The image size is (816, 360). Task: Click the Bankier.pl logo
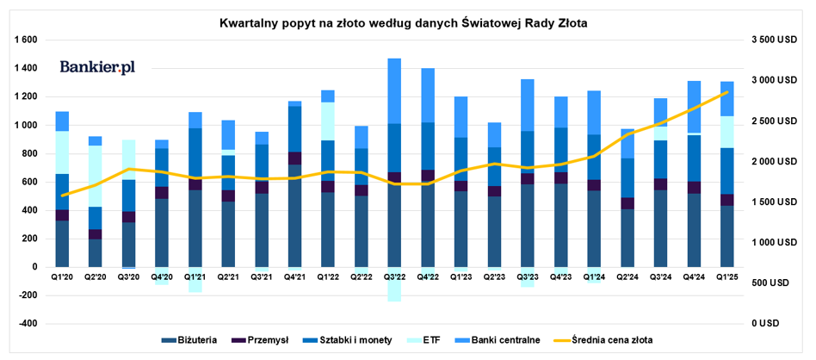[x=97, y=67]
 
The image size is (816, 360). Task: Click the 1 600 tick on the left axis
[x=25, y=40]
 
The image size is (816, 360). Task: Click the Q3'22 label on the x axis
[x=394, y=277]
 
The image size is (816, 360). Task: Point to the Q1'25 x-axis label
[x=727, y=277]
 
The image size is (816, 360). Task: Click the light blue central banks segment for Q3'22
[x=394, y=91]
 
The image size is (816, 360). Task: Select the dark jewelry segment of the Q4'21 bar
[x=295, y=215]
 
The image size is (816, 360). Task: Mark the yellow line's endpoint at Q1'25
[x=727, y=91]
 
